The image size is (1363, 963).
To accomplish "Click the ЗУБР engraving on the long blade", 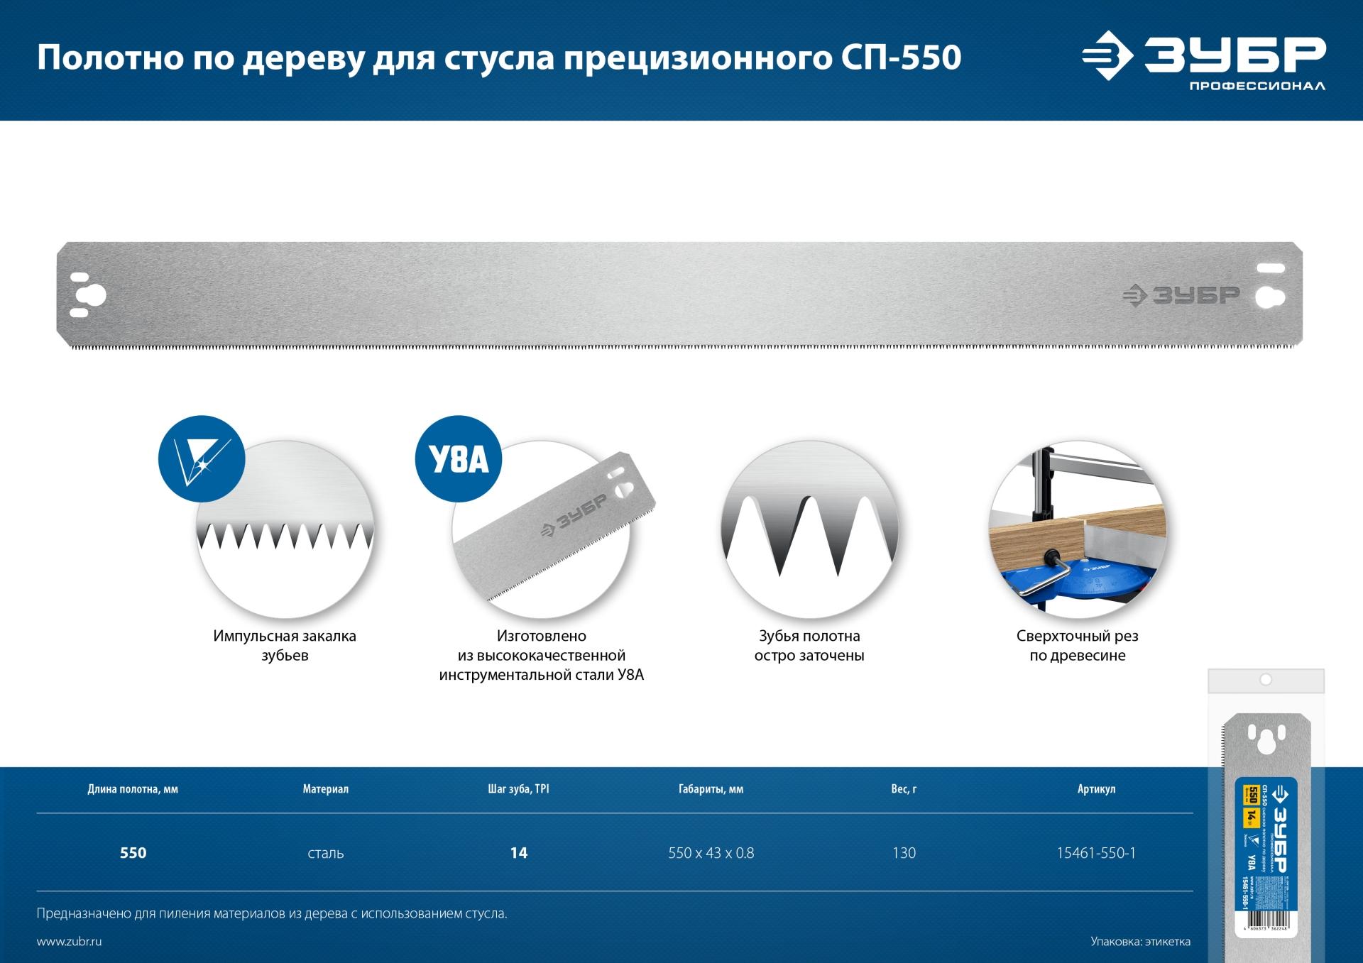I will point(1181,296).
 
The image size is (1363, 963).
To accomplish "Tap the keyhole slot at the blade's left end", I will point(94,295).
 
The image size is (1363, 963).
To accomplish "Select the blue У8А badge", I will point(458,459).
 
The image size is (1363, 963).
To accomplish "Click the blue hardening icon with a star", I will point(202,459).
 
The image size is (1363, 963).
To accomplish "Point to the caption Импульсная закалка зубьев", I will point(285,645).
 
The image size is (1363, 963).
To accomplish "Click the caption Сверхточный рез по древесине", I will point(1077,645).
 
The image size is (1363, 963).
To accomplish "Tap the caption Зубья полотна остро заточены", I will point(809,645).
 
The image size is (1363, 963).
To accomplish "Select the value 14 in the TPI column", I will point(519,853).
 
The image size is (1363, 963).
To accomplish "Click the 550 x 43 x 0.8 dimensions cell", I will point(711,853).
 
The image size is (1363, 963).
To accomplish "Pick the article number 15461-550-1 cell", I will point(1096,853).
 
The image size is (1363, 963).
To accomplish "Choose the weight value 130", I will point(904,853).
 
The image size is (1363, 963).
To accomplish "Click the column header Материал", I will point(325,789).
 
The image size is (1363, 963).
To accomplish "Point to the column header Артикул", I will point(1096,789).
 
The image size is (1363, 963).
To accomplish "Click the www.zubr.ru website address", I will point(69,942).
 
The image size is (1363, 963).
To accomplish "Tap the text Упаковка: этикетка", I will point(1140,942).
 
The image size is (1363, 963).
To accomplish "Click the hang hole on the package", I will point(1265,680).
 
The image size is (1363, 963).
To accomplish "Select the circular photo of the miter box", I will point(1077,529).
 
